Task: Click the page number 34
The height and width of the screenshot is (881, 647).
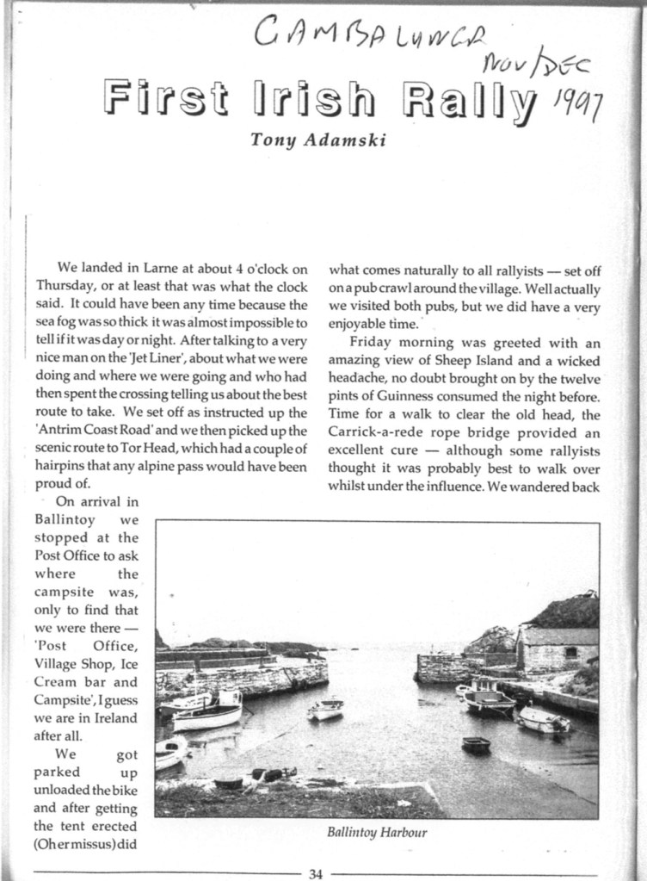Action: pos(316,874)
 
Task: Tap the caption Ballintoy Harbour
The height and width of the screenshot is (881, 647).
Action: pos(377,833)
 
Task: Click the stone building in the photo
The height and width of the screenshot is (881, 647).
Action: pos(558,648)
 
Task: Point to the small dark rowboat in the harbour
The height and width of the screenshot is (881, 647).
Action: pos(476,744)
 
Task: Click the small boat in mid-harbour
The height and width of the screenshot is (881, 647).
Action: pos(326,709)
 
